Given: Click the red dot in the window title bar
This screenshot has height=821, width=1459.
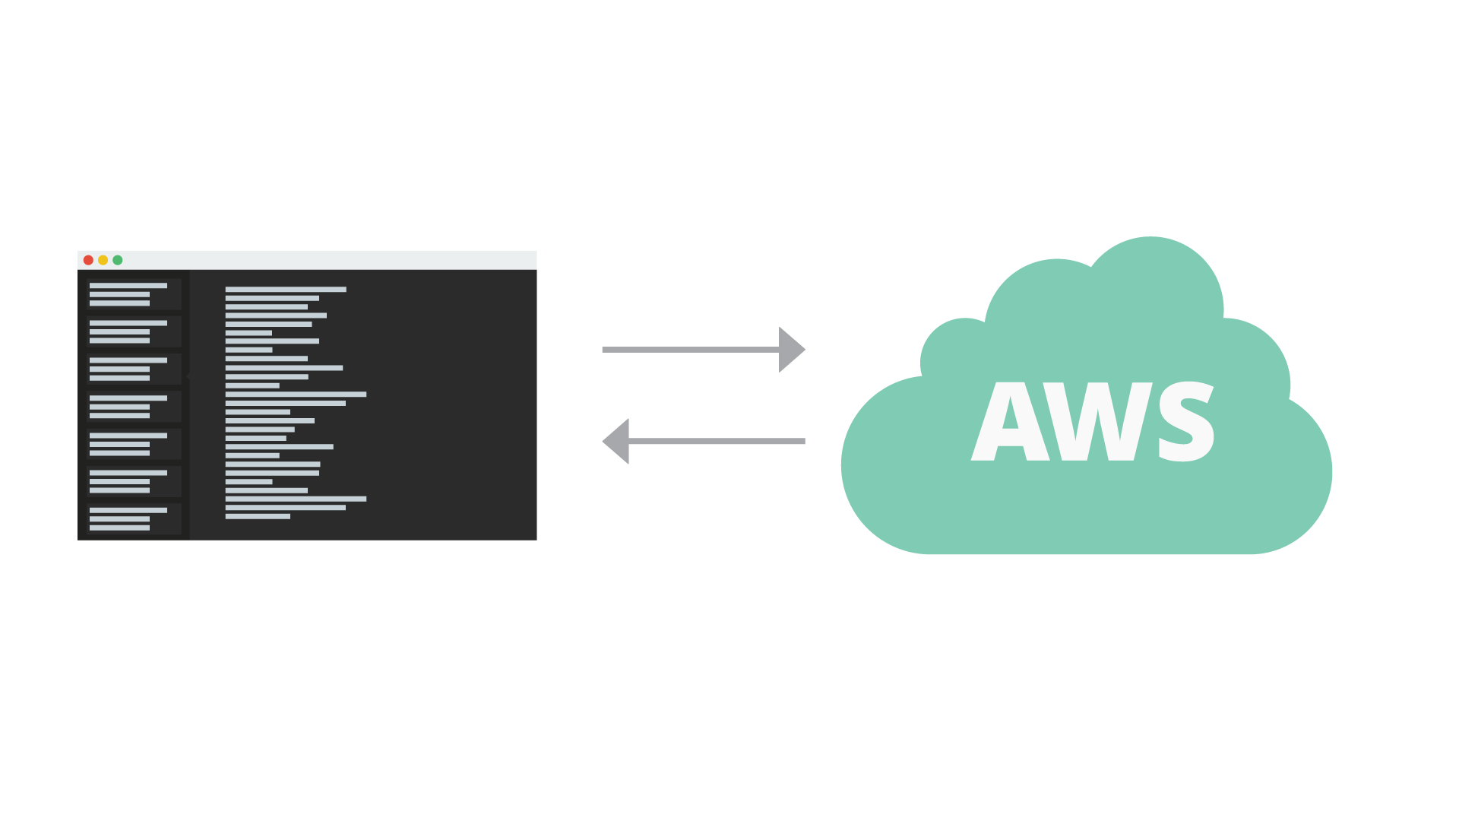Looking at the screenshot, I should tap(88, 260).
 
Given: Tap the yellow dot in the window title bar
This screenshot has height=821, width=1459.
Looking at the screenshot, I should tap(103, 260).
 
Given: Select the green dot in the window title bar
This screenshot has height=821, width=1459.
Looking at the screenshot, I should tap(118, 260).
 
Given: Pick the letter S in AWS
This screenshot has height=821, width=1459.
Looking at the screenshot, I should tap(1185, 423).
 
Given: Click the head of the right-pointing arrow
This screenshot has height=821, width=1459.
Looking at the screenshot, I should tap(790, 350).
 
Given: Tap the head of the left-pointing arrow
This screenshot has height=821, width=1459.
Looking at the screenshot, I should tap(617, 441).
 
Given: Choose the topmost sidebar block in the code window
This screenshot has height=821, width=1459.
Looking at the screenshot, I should tap(134, 294).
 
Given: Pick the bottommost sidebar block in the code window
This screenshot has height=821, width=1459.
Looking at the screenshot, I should tap(134, 518).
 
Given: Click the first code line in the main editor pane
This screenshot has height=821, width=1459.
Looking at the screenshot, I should tap(286, 290).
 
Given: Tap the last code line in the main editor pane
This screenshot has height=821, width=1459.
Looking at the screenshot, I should tap(258, 517).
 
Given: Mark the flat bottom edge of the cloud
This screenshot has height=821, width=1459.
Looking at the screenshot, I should tap(1087, 552).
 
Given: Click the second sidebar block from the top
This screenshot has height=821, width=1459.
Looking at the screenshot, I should tap(134, 331).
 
